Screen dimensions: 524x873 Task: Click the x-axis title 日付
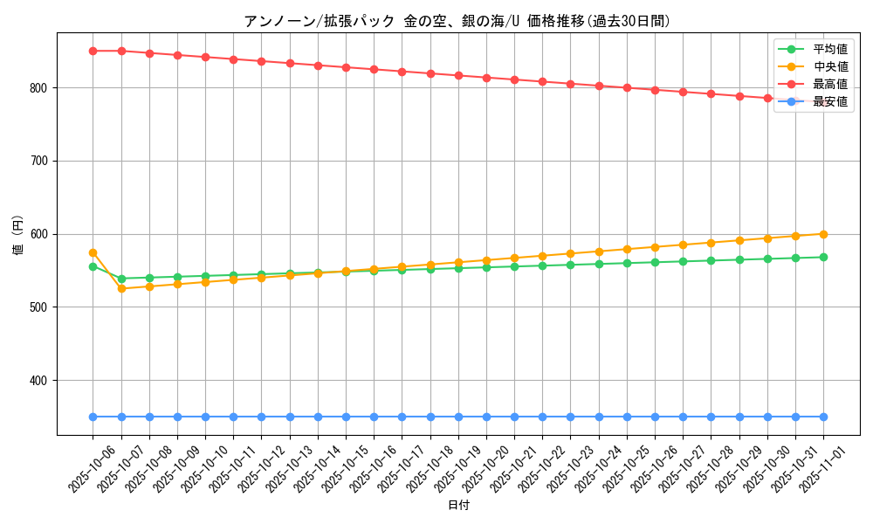tap(458, 506)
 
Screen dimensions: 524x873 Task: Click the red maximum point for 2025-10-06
tap(93, 51)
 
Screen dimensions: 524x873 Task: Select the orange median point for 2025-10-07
tap(121, 288)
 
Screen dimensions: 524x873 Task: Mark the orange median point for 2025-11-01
tap(823, 234)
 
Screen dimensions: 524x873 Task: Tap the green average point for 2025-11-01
tap(823, 257)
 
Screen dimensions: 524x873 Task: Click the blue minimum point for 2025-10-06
tap(93, 417)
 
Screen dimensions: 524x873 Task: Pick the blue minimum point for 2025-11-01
tap(823, 417)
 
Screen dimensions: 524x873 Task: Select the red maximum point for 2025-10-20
tap(486, 78)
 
